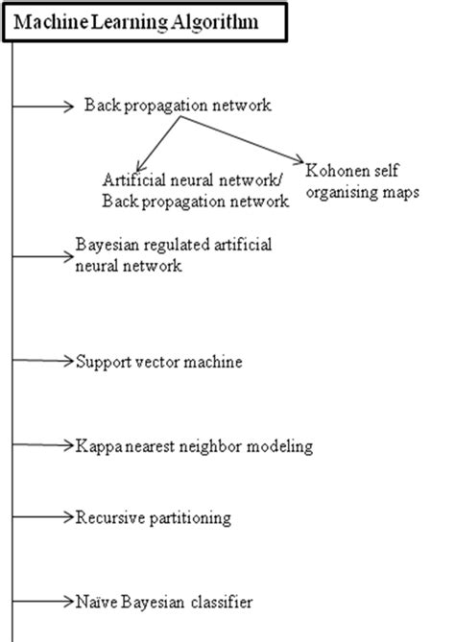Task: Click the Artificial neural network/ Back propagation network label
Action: click(196, 190)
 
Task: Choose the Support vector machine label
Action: click(158, 362)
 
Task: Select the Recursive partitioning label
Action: click(154, 518)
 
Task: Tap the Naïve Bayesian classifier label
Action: click(163, 603)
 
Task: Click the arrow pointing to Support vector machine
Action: click(43, 362)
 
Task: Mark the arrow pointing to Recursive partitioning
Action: click(43, 518)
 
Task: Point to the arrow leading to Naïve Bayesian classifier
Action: click(43, 603)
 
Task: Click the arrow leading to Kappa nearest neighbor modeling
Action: click(43, 446)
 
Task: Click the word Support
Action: click(100, 362)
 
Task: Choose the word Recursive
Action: click(107, 518)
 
